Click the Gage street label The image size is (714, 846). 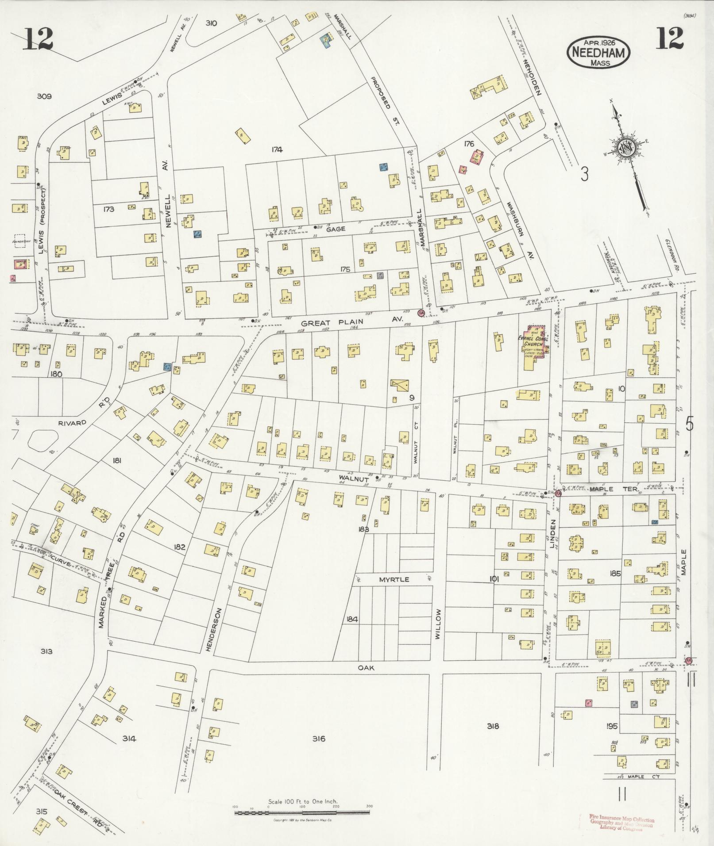point(335,229)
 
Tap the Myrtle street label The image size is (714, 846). point(393,579)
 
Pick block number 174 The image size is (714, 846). point(277,150)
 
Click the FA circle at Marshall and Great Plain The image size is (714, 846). point(421,313)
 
